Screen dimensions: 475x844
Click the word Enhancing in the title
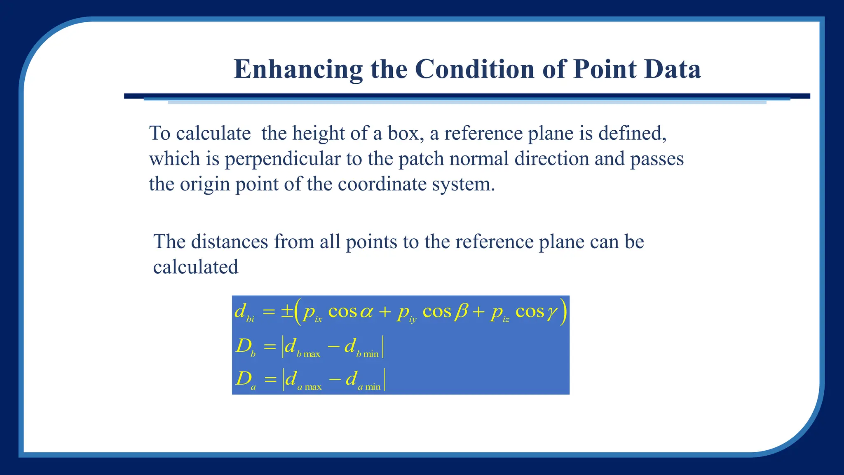coord(298,69)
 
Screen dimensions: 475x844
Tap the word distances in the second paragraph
coord(230,242)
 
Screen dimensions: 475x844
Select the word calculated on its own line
coord(195,267)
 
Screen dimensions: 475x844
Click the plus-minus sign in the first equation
coord(287,312)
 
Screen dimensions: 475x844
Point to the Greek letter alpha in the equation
coord(366,312)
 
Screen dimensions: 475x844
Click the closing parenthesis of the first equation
coord(563,313)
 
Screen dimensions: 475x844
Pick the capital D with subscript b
coord(245,346)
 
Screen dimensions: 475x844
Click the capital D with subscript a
coord(245,379)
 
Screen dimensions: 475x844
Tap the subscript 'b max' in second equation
coord(308,354)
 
